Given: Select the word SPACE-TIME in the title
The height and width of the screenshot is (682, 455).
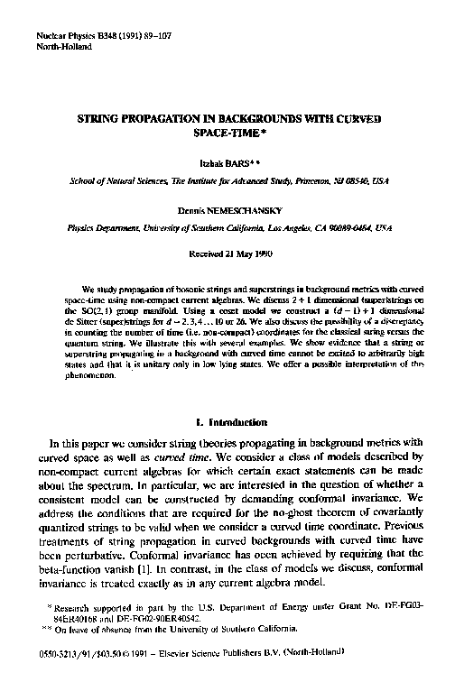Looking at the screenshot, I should [x=225, y=132].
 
